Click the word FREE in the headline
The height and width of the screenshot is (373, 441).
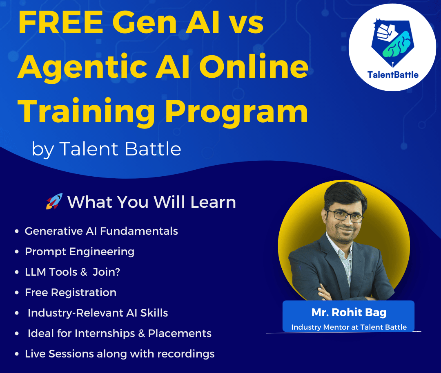click(61, 22)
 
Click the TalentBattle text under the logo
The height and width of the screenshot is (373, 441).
click(393, 75)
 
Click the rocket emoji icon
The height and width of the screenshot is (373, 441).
click(54, 201)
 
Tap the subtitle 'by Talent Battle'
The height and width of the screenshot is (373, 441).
click(106, 149)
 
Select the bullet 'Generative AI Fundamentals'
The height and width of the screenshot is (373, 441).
click(101, 231)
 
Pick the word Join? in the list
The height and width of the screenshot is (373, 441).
click(106, 272)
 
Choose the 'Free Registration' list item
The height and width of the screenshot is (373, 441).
click(71, 292)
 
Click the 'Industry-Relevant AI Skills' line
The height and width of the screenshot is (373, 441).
click(98, 313)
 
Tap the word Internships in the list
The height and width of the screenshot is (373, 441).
click(105, 334)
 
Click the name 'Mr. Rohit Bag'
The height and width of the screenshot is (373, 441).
click(349, 312)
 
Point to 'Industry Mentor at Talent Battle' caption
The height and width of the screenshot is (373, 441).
click(349, 327)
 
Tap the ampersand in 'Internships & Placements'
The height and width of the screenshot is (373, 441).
click(142, 334)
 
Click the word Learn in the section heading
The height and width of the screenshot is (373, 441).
click(213, 202)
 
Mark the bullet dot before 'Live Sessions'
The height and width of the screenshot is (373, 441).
click(17, 354)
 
